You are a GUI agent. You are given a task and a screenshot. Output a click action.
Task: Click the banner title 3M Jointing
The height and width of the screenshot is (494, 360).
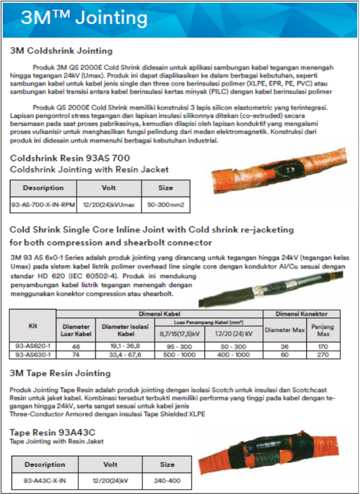(84, 18)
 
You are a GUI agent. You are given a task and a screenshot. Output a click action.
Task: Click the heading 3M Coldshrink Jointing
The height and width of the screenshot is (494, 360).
(61, 51)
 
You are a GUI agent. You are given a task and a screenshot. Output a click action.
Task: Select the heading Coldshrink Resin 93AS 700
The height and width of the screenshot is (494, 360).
(70, 158)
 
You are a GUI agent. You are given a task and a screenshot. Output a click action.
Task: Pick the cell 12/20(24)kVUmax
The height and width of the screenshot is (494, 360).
(109, 205)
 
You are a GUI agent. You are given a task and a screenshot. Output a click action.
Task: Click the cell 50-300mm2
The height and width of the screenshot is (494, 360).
(165, 205)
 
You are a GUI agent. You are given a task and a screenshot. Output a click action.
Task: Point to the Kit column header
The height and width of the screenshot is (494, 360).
(33, 325)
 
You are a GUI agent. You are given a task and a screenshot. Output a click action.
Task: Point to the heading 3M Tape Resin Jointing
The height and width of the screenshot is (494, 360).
(60, 373)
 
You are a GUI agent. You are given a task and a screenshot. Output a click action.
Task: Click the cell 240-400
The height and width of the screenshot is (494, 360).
(167, 480)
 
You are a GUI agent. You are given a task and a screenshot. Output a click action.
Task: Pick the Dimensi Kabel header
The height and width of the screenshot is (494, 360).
(159, 314)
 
